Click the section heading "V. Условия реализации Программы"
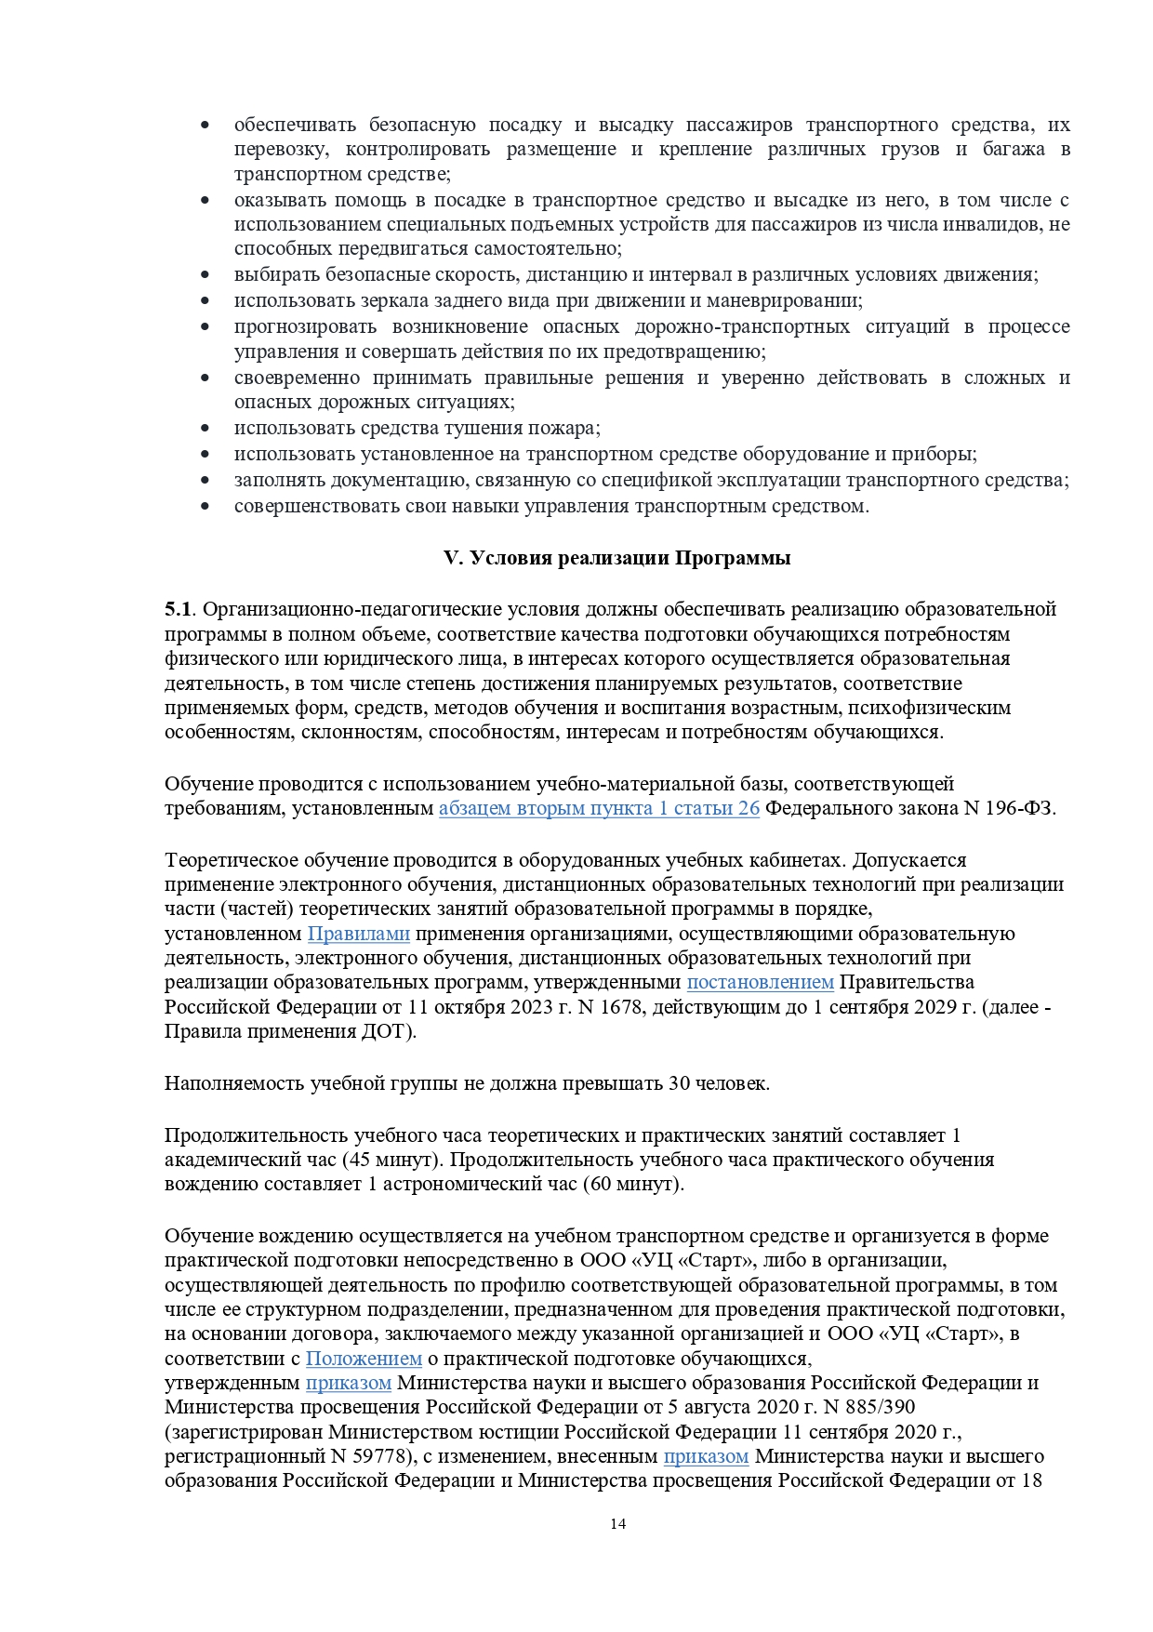point(616,558)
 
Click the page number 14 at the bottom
point(617,1523)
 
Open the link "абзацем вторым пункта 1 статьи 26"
point(599,808)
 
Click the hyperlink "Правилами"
point(359,933)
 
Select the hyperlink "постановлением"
point(760,982)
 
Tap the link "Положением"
point(364,1359)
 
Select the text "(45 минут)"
point(392,1160)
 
